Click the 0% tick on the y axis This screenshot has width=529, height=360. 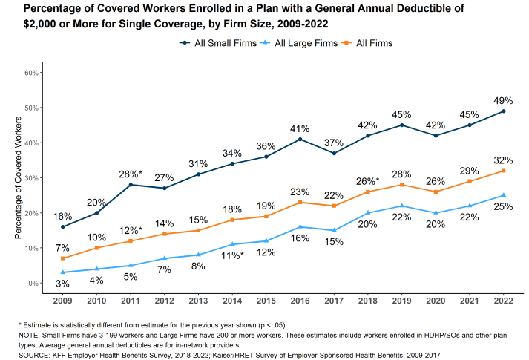(x=33, y=283)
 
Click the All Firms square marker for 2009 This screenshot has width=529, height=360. (x=63, y=258)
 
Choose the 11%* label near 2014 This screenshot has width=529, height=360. (x=232, y=256)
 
